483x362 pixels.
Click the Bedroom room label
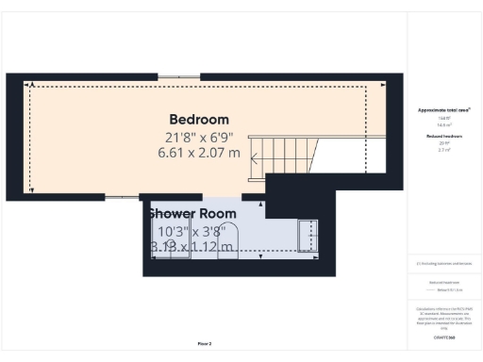click(x=199, y=120)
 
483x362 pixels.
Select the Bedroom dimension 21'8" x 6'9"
click(x=199, y=137)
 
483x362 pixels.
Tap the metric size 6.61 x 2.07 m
click(x=199, y=152)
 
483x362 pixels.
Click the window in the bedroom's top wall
click(x=171, y=77)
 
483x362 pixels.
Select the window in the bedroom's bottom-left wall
click(x=119, y=197)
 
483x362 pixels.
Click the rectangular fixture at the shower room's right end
click(x=308, y=237)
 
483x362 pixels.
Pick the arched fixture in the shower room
click(x=231, y=239)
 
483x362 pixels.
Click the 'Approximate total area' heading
click(x=444, y=109)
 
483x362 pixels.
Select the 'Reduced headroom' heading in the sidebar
click(x=443, y=137)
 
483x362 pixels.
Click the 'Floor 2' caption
click(x=205, y=344)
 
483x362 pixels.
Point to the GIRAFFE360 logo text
click(x=443, y=337)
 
